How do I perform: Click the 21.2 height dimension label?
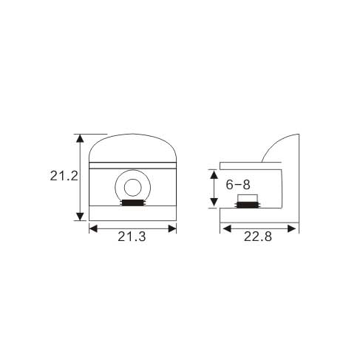coord(64,176)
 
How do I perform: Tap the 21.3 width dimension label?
coord(132,237)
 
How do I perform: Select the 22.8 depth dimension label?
coord(258,237)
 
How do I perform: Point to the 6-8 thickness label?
coord(238,185)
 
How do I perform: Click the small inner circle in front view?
coord(133,188)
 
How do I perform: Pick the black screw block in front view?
coord(133,203)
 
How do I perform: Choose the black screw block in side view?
coord(248,205)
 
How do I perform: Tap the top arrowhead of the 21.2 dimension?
coord(80,139)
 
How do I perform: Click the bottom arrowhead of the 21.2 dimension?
coord(80,217)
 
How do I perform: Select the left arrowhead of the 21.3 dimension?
coord(93,228)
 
